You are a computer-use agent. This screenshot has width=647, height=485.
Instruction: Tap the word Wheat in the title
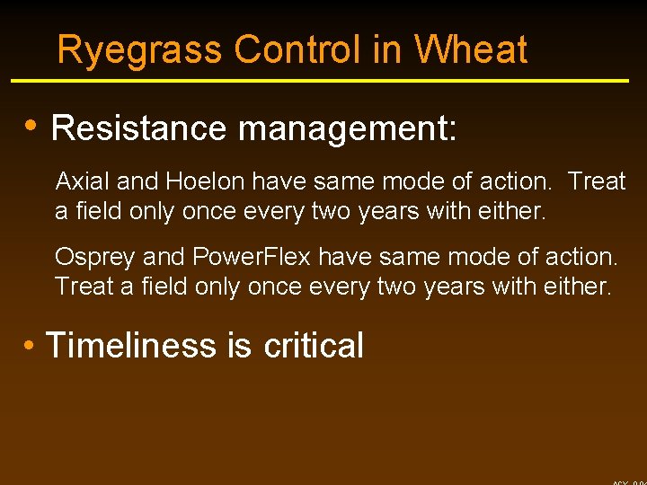point(471,50)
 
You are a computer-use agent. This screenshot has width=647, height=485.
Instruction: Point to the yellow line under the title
point(319,81)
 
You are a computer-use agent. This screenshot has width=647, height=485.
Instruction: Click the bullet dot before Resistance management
point(31,126)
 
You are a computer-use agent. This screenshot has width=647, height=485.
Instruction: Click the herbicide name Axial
point(84,181)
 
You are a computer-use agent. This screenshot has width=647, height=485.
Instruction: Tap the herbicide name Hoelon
point(204,181)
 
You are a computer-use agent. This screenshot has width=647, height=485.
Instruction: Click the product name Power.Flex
point(252,258)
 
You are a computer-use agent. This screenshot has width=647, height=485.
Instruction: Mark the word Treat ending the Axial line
point(597,181)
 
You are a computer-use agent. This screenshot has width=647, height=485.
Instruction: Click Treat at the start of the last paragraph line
point(82,287)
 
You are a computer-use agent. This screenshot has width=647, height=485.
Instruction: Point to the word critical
point(314,346)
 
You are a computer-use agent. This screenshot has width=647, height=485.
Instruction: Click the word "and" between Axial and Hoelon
point(137,181)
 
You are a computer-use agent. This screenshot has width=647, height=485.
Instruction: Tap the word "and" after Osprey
point(164,258)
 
